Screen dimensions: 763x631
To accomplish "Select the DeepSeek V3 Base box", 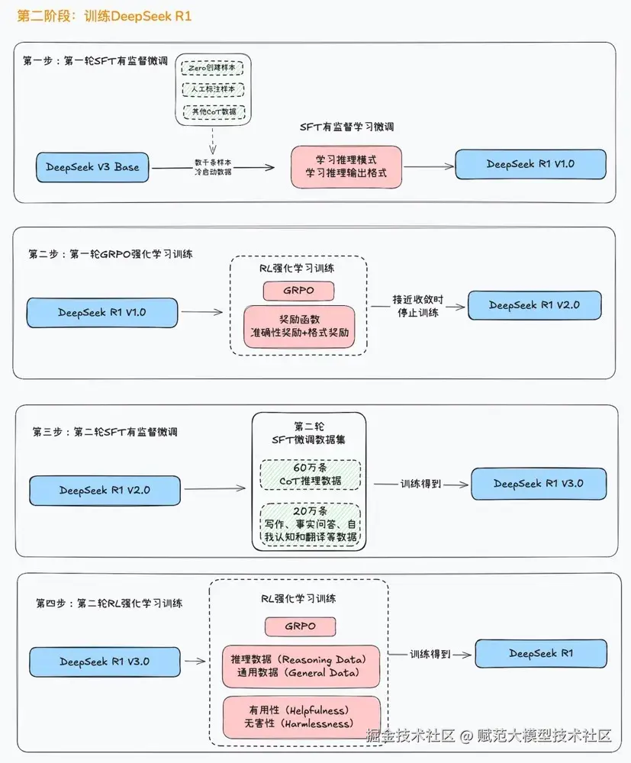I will (x=92, y=167).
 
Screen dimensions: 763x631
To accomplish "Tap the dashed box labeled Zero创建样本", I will (x=213, y=68).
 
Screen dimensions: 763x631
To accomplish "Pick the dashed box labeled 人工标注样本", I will (x=213, y=90).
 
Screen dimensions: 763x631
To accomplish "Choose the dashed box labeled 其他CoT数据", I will (x=213, y=112).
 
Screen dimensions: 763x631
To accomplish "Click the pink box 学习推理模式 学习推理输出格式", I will (x=346, y=167).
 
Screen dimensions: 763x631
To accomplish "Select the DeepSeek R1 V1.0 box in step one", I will (x=530, y=165).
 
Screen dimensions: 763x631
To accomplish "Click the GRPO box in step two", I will (x=299, y=291).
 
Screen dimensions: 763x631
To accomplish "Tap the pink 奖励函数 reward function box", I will (x=299, y=327).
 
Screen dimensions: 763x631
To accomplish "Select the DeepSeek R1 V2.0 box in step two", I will (x=534, y=305).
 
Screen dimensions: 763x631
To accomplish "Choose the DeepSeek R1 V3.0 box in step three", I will (x=539, y=484).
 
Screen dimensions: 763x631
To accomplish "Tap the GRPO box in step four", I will (x=300, y=626).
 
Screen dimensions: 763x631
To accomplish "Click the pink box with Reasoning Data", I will (x=299, y=665).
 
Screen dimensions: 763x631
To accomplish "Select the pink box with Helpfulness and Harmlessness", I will (x=299, y=717).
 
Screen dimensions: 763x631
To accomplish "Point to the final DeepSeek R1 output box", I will (x=541, y=654).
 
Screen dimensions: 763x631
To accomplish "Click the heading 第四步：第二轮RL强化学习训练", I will (x=109, y=603).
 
